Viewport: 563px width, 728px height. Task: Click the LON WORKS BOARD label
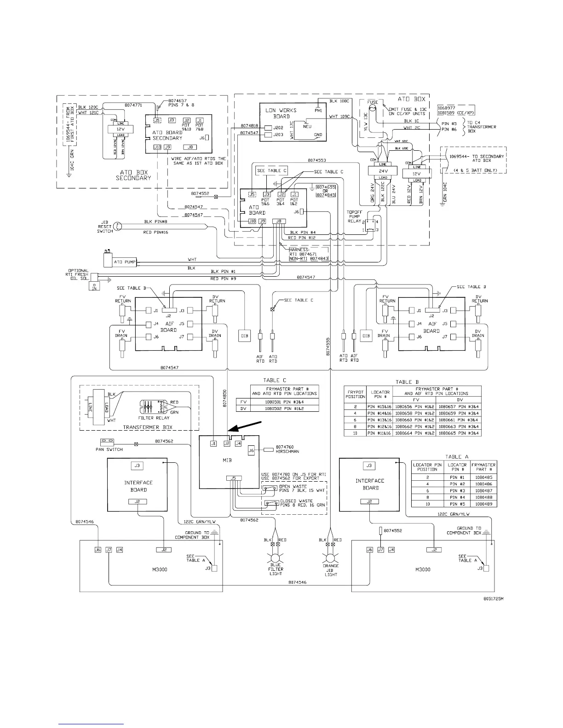point(281,113)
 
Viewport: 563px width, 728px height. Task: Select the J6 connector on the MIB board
point(251,450)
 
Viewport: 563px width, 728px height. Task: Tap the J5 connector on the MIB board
point(234,478)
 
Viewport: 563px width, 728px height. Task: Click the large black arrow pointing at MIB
point(244,426)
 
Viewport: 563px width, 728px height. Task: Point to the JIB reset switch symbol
point(118,226)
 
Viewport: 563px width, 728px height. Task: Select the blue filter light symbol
point(276,557)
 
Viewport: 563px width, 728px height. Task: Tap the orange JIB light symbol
point(331,557)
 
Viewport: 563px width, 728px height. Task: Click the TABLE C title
point(275,380)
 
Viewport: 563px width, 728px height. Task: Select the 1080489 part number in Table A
point(484,504)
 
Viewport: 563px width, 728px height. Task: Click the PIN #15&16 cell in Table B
point(380,407)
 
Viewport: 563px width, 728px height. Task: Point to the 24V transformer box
point(381,171)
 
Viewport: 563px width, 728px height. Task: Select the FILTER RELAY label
point(154,418)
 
